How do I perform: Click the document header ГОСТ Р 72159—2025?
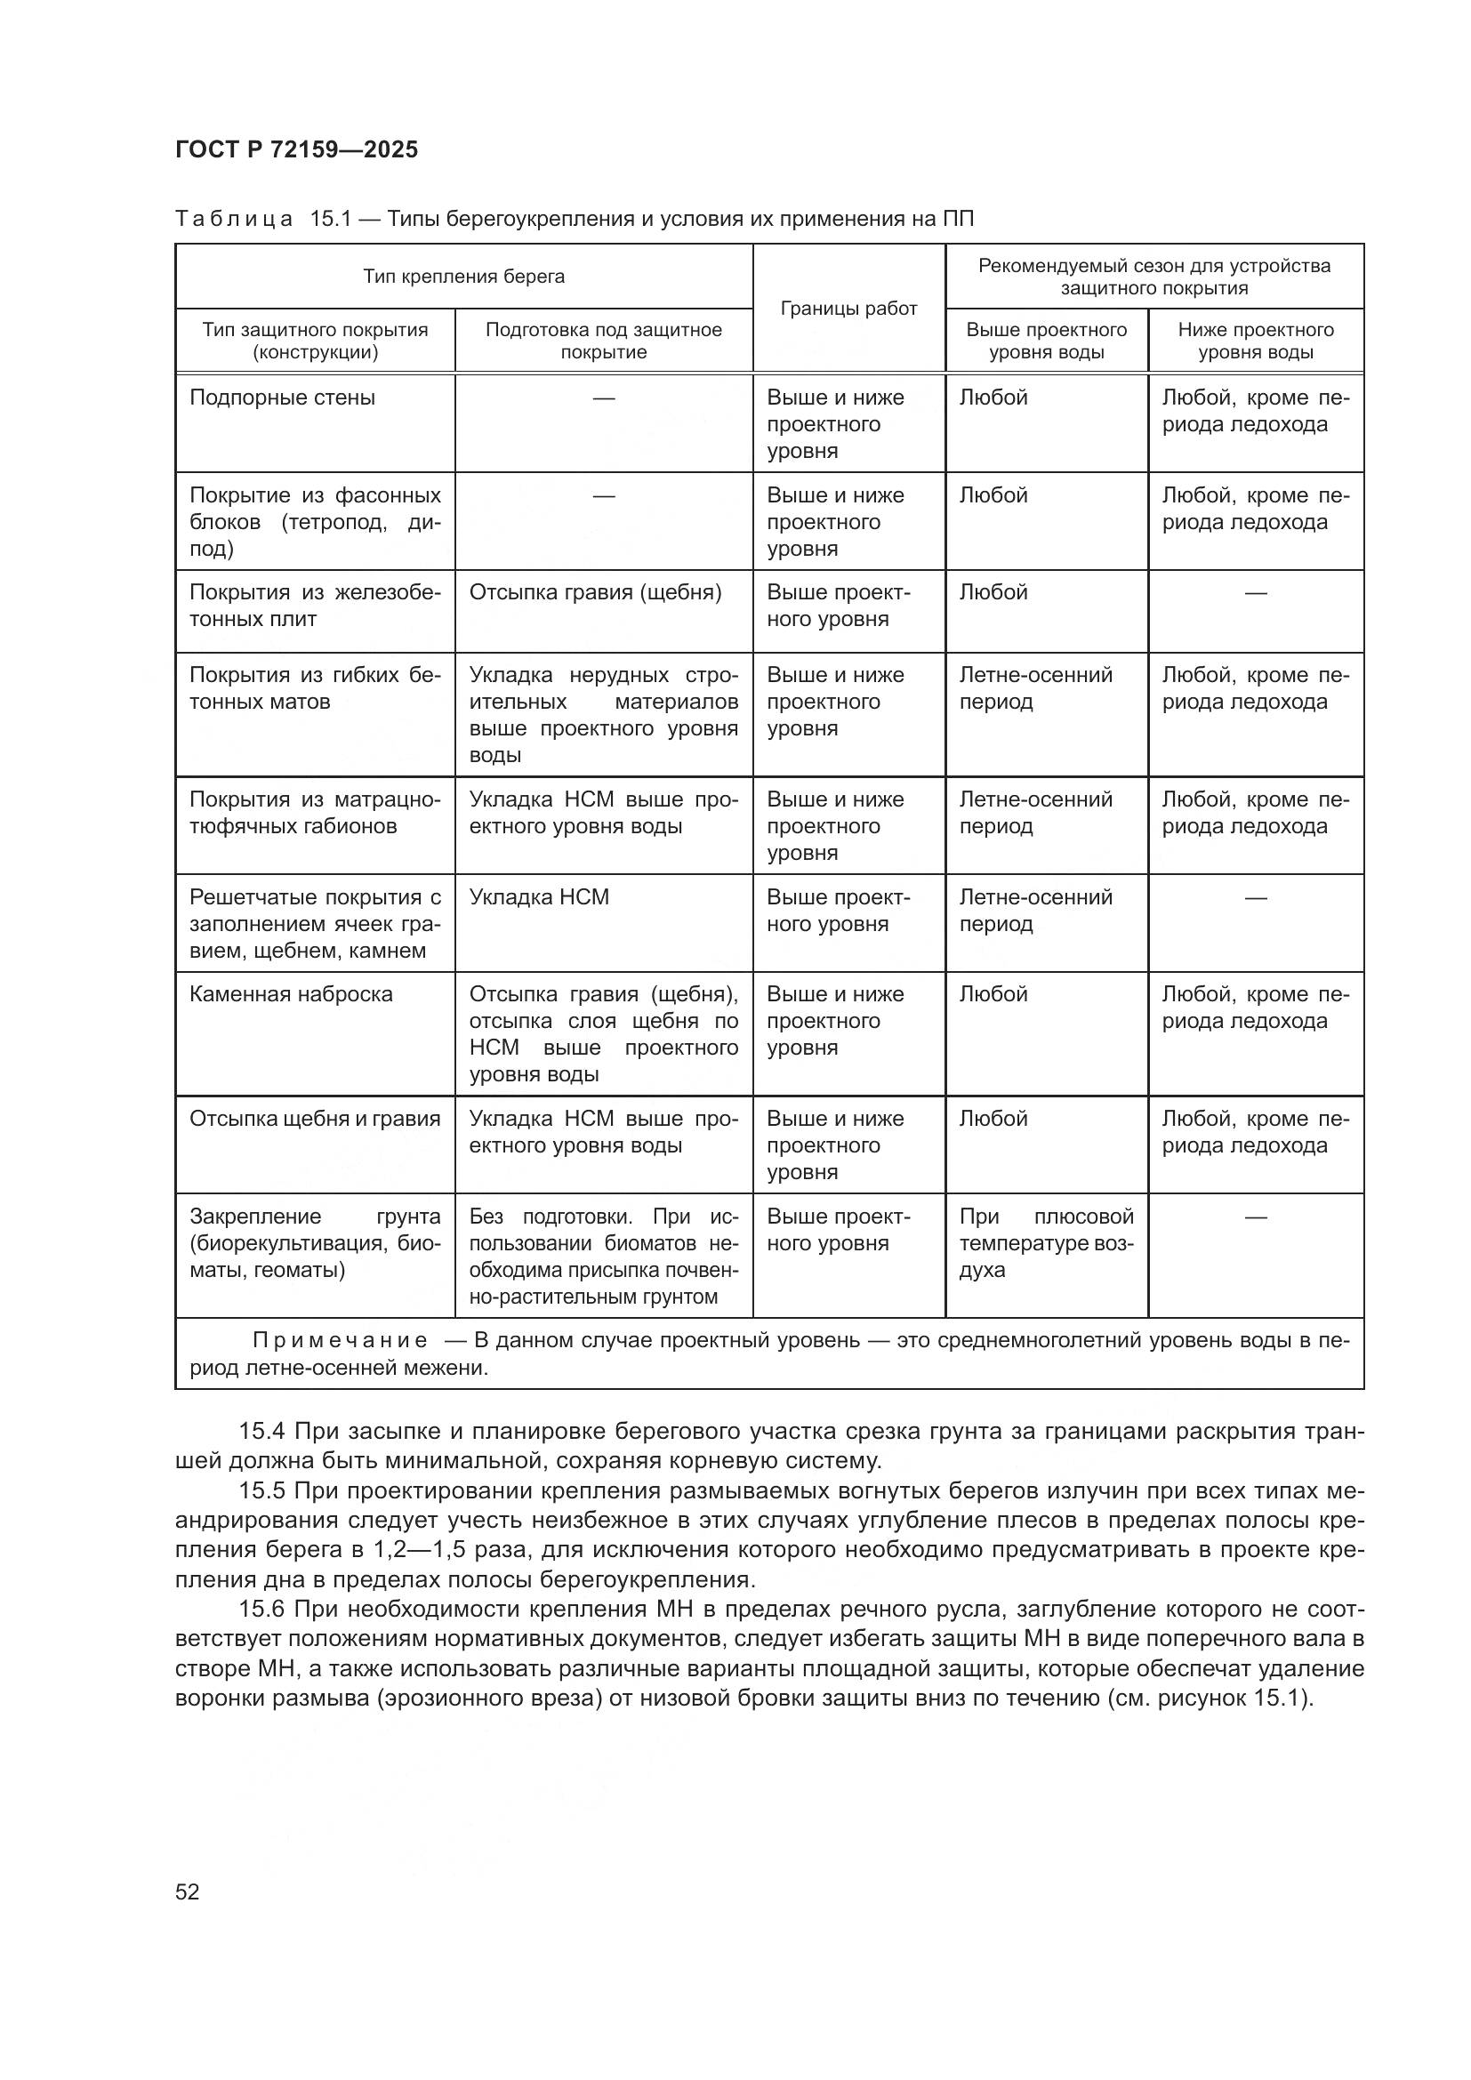click(296, 149)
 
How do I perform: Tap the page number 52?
click(188, 1891)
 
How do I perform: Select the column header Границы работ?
click(848, 309)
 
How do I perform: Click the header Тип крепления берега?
click(463, 277)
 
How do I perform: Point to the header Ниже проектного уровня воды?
click(1256, 341)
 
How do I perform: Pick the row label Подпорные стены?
click(282, 398)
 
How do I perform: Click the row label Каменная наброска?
click(291, 994)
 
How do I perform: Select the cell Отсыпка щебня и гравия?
click(314, 1119)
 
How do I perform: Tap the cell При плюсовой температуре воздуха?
click(1045, 1243)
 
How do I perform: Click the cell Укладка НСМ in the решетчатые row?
click(539, 897)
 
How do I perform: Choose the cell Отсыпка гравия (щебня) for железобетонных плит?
click(595, 592)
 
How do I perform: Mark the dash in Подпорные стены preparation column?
click(603, 398)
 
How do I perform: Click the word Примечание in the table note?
click(340, 1341)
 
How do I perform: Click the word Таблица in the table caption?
click(234, 220)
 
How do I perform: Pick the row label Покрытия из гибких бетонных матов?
click(314, 688)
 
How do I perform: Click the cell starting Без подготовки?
click(603, 1256)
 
